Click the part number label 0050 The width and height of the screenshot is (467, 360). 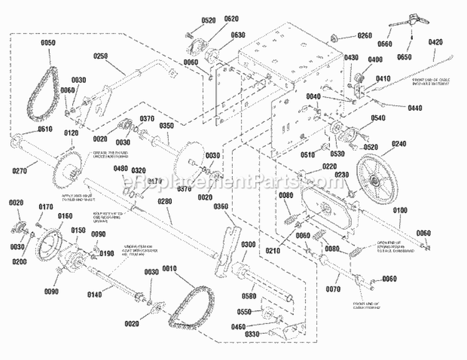coord(48,42)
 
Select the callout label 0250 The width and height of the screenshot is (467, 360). coord(101,55)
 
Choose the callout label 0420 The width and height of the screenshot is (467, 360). coord(435,42)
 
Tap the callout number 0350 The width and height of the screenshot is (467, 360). coord(167,125)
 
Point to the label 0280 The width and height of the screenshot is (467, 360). coord(164,201)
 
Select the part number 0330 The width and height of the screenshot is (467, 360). coord(252,334)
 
